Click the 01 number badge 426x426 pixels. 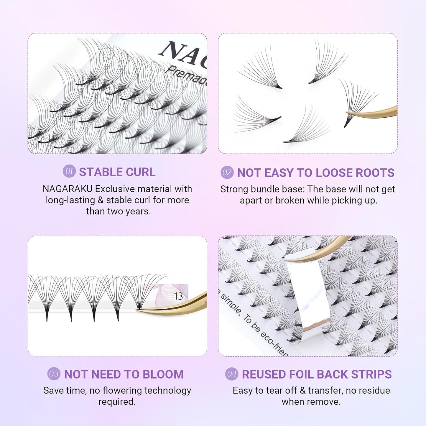coord(69,171)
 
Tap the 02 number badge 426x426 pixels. coord(227,172)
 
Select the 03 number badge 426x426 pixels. coord(54,374)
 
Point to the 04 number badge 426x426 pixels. coord(232,374)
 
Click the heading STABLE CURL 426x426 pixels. coord(117,172)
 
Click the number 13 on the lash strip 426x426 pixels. coord(178,296)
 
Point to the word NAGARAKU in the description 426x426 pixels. coord(68,189)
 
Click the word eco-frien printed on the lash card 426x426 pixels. coord(273,342)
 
